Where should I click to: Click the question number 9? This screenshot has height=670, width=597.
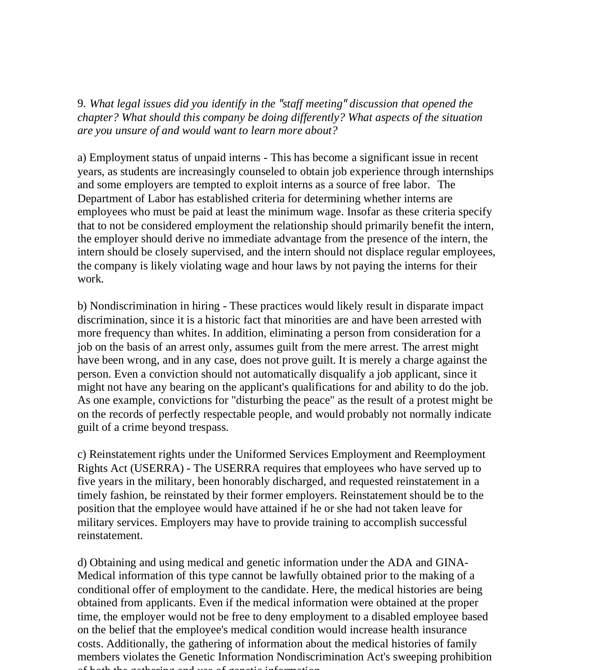click(81, 104)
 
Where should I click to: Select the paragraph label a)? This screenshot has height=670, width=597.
click(82, 158)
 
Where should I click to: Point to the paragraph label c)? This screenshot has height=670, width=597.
click(82, 454)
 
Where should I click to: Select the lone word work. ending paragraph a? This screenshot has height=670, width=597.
click(90, 279)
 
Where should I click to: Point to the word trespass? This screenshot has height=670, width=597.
click(209, 427)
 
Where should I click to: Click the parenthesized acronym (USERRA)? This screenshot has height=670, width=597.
click(157, 468)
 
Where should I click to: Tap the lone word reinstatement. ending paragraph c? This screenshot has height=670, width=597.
click(110, 536)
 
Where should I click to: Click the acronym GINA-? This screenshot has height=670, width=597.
click(452, 562)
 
